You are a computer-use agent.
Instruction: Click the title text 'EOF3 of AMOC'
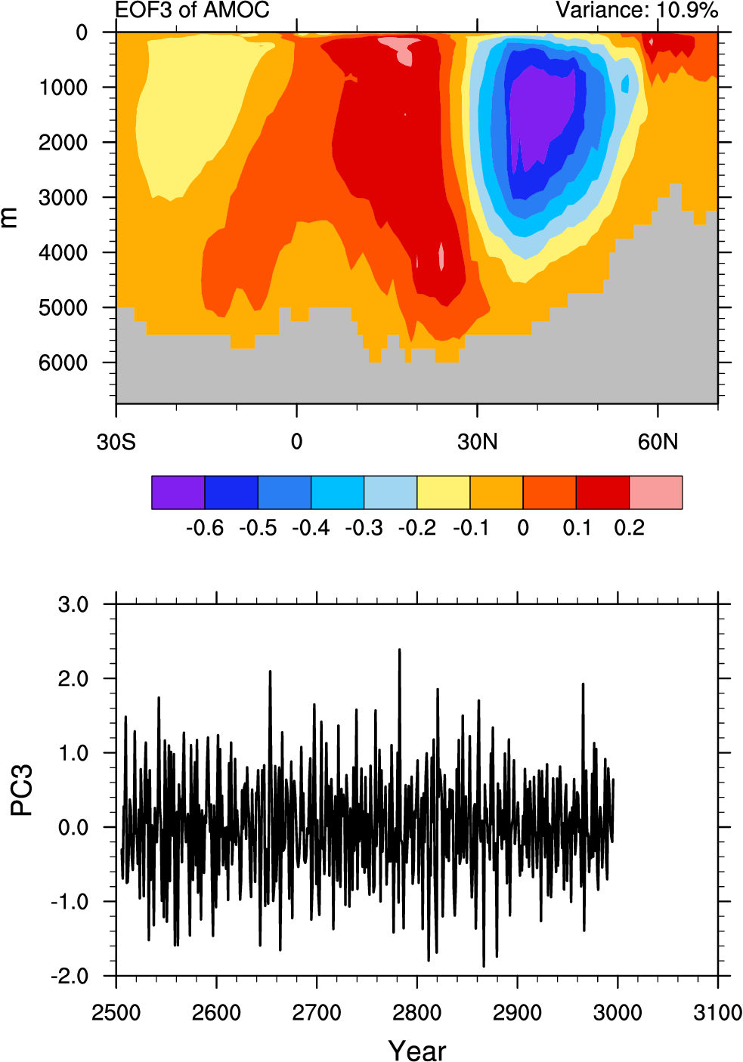[x=192, y=10]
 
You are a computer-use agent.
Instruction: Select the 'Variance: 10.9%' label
[x=636, y=10]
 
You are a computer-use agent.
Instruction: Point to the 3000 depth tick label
[x=63, y=198]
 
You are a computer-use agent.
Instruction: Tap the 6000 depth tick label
[x=63, y=363]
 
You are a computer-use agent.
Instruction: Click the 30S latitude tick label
[x=116, y=442]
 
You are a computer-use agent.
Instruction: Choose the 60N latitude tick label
[x=658, y=442]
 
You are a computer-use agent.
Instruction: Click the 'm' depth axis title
[x=10, y=218]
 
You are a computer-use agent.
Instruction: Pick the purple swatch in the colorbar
[x=178, y=492]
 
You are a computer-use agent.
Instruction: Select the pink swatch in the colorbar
[x=655, y=492]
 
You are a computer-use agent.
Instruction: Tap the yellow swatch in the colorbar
[x=443, y=492]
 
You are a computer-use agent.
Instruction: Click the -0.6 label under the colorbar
[x=204, y=528]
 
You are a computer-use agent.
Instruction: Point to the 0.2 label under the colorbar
[x=629, y=528]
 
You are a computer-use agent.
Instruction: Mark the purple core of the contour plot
[x=540, y=113]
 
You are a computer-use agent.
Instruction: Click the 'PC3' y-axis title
[x=22, y=790]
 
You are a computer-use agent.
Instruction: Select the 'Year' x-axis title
[x=416, y=1050]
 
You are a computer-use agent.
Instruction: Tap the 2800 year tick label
[x=416, y=1012]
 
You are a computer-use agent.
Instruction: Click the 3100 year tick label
[x=717, y=1012]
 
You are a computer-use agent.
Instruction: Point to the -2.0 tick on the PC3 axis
[x=70, y=977]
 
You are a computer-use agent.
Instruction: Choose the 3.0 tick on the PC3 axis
[x=73, y=605]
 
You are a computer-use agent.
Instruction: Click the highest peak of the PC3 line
[x=399, y=650]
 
